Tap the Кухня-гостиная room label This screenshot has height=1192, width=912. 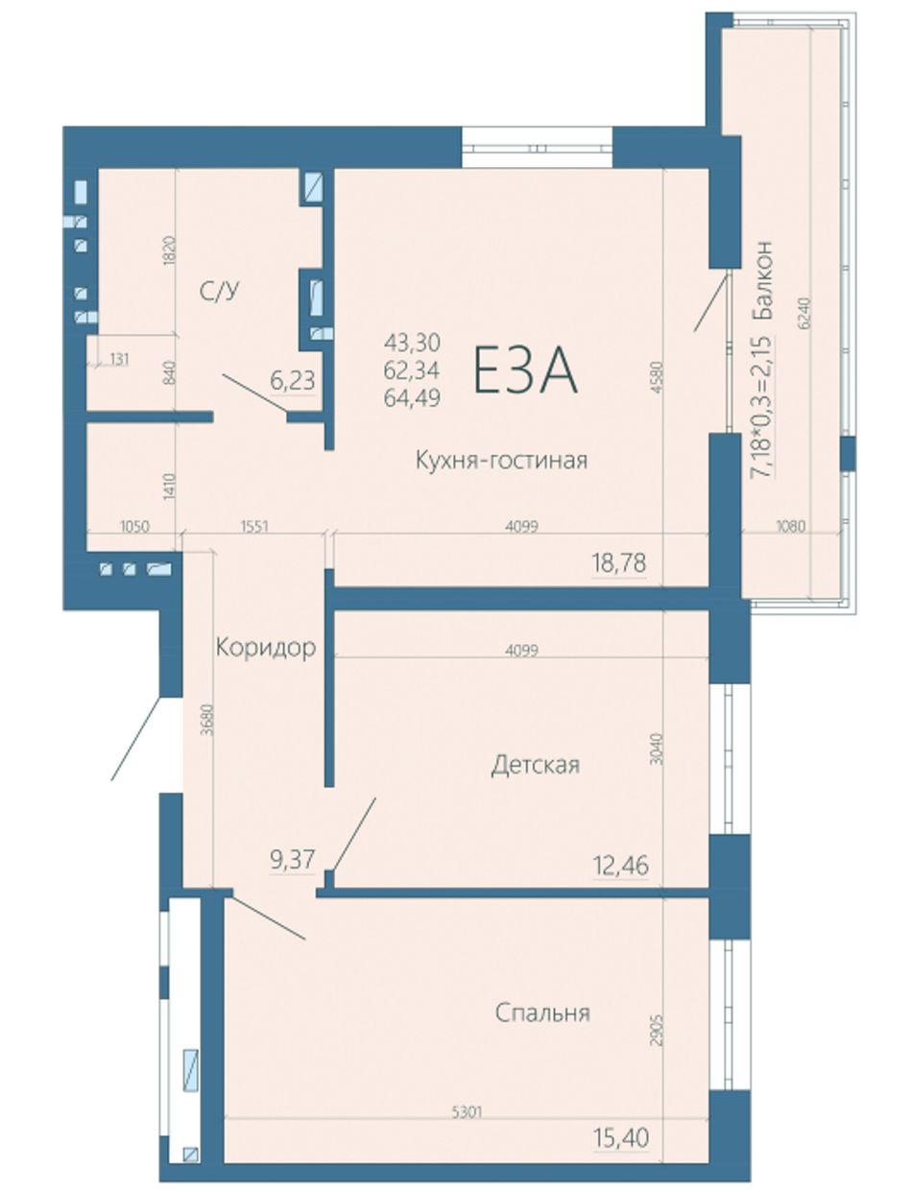point(501,461)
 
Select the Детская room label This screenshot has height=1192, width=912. point(536,765)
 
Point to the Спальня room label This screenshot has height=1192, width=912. point(542,1013)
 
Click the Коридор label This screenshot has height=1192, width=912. point(266,647)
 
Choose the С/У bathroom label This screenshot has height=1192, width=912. point(219,293)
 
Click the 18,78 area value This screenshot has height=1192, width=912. point(618,563)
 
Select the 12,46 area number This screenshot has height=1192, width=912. point(621,866)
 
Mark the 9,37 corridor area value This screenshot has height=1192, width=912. point(293,861)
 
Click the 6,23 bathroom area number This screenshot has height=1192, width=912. point(293,381)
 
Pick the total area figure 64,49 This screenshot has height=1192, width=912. point(412,398)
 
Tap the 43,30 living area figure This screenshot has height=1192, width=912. point(412,343)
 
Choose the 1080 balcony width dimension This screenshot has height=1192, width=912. point(791,526)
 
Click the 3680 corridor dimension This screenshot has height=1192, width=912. point(207,720)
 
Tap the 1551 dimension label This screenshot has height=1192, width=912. point(253,526)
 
